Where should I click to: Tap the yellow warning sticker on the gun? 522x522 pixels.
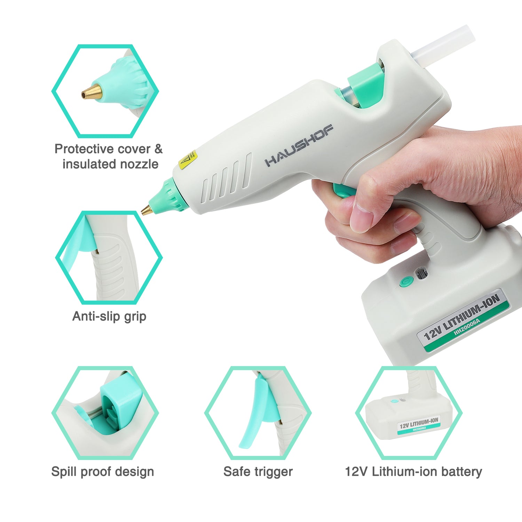pos(188,160)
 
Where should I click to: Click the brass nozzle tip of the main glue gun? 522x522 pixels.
pos(146,210)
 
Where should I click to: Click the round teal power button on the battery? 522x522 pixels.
pos(406,282)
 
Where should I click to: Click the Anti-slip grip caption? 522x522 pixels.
pos(109,316)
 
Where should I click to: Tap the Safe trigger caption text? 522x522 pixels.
pos(258,472)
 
